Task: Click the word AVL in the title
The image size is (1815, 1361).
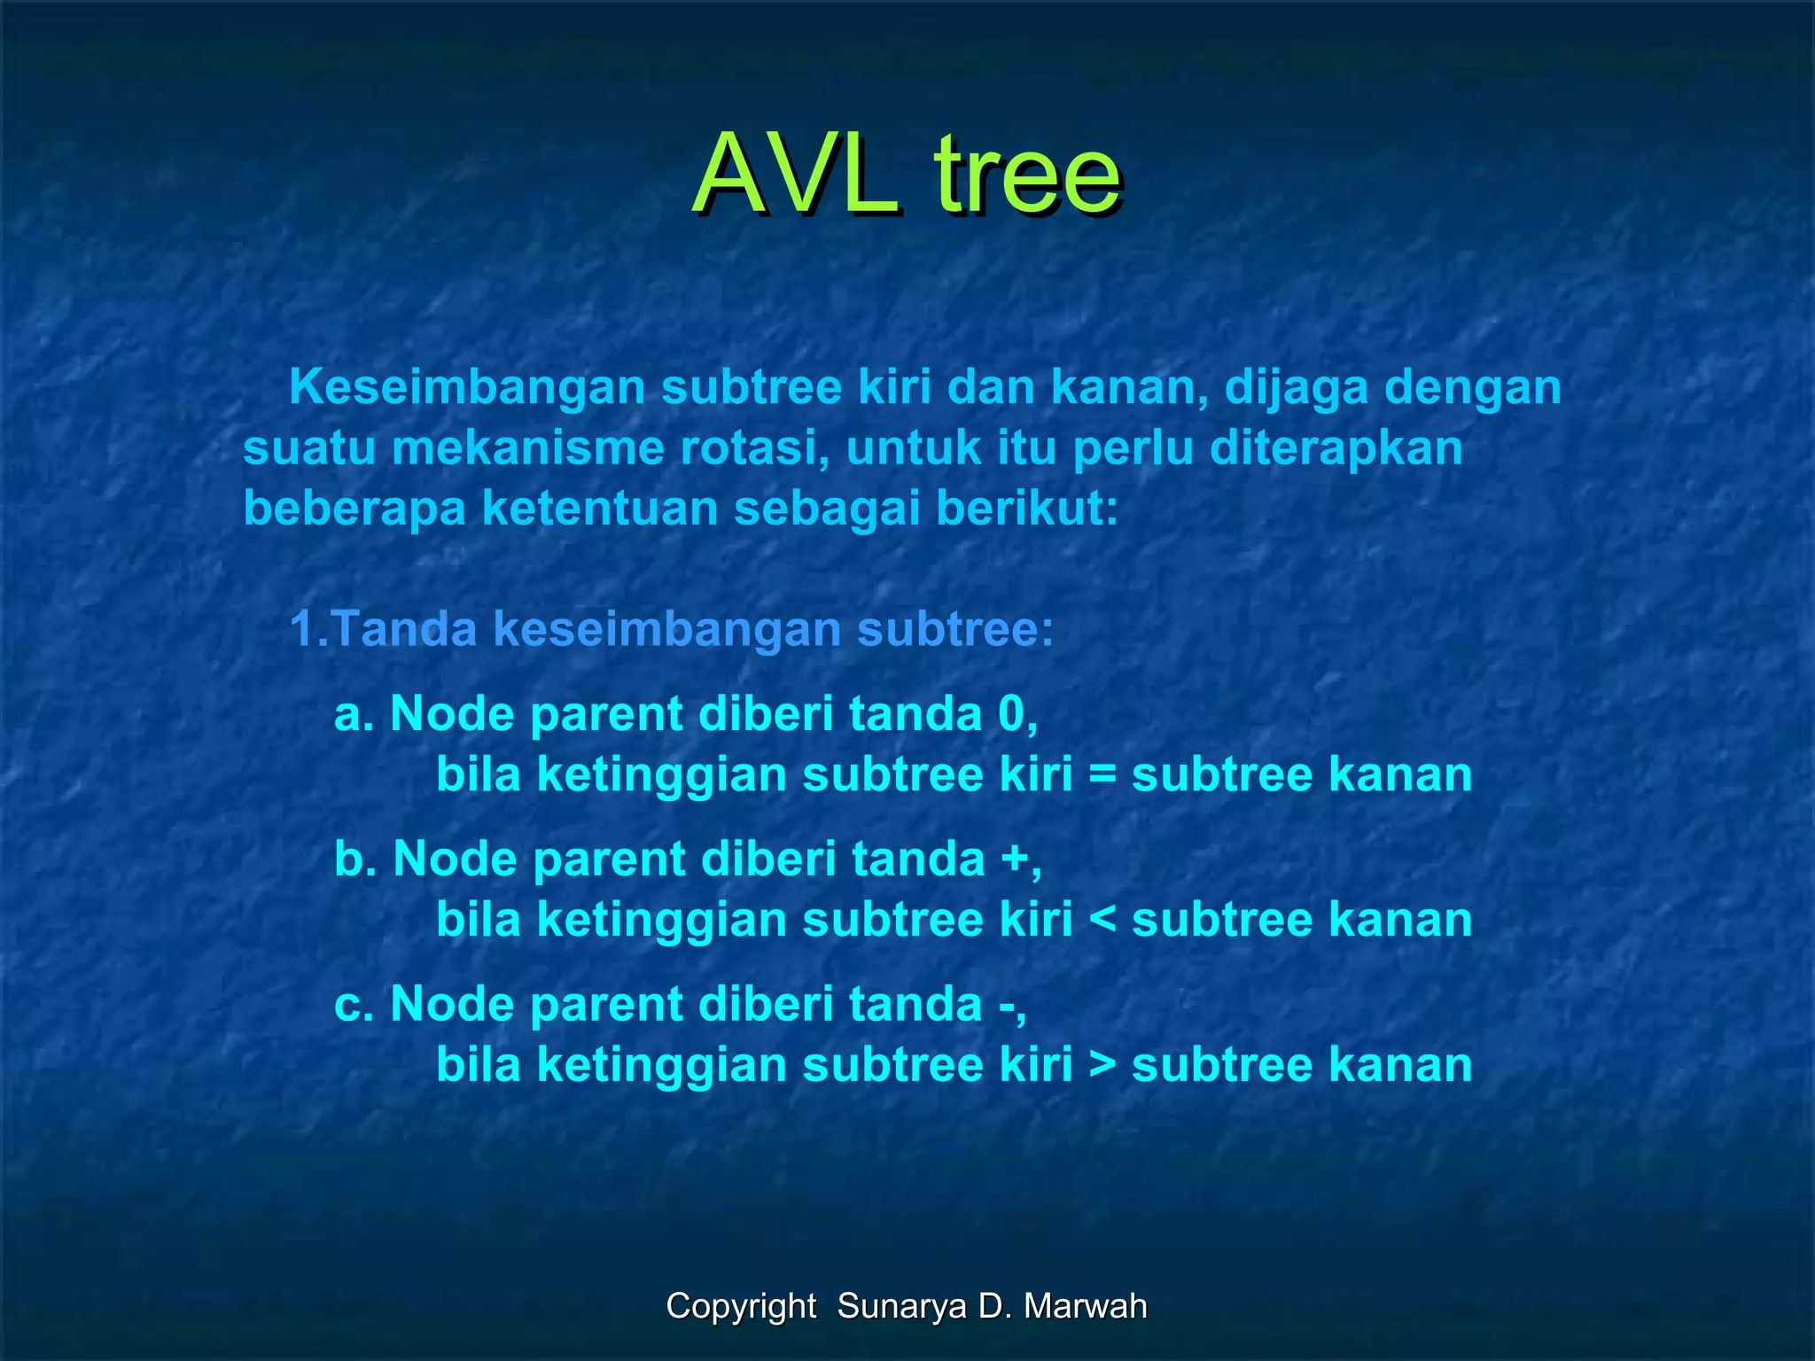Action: tap(795, 175)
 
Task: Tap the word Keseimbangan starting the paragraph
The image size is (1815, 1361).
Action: tap(467, 388)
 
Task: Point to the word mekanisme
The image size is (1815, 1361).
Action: tap(528, 448)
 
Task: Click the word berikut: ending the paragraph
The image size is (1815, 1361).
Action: tap(1027, 509)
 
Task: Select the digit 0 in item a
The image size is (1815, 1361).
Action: tap(1011, 714)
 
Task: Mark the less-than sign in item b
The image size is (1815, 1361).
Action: tap(1102, 921)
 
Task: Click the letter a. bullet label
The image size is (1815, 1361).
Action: tap(354, 714)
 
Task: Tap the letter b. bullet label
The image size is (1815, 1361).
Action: tap(354, 859)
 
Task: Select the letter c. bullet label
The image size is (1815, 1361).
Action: tap(354, 1005)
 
